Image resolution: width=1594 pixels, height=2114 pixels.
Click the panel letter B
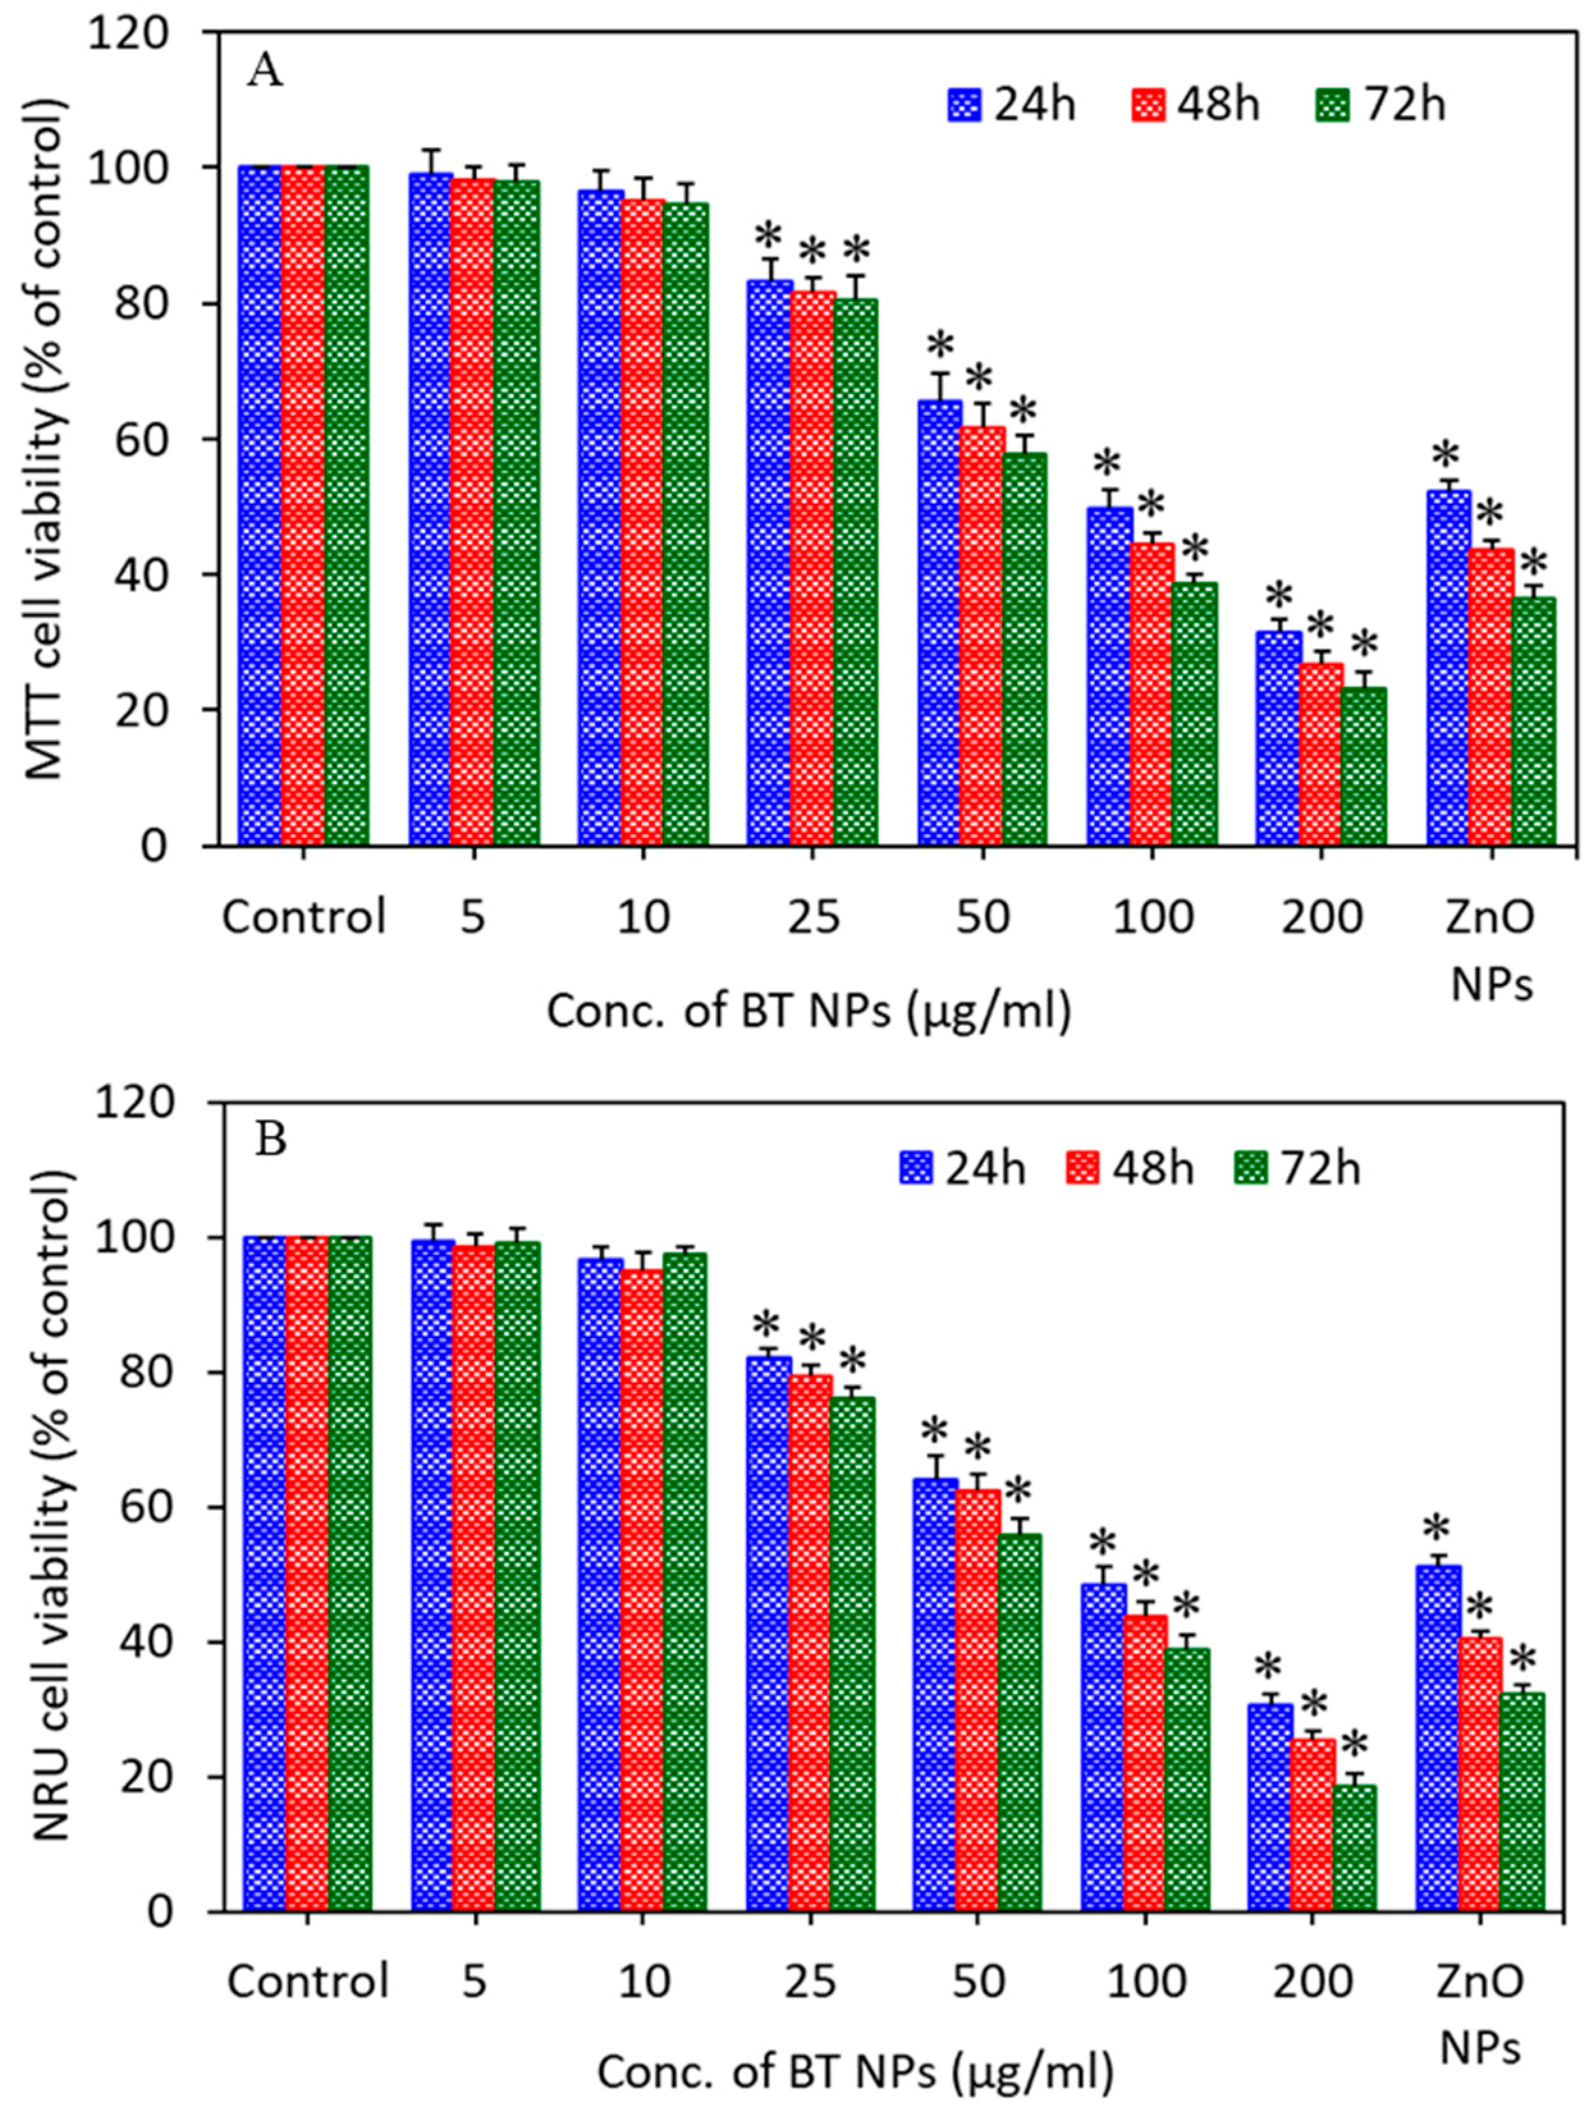point(271,1140)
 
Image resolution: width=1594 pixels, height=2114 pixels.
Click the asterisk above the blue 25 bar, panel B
point(766,1327)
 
